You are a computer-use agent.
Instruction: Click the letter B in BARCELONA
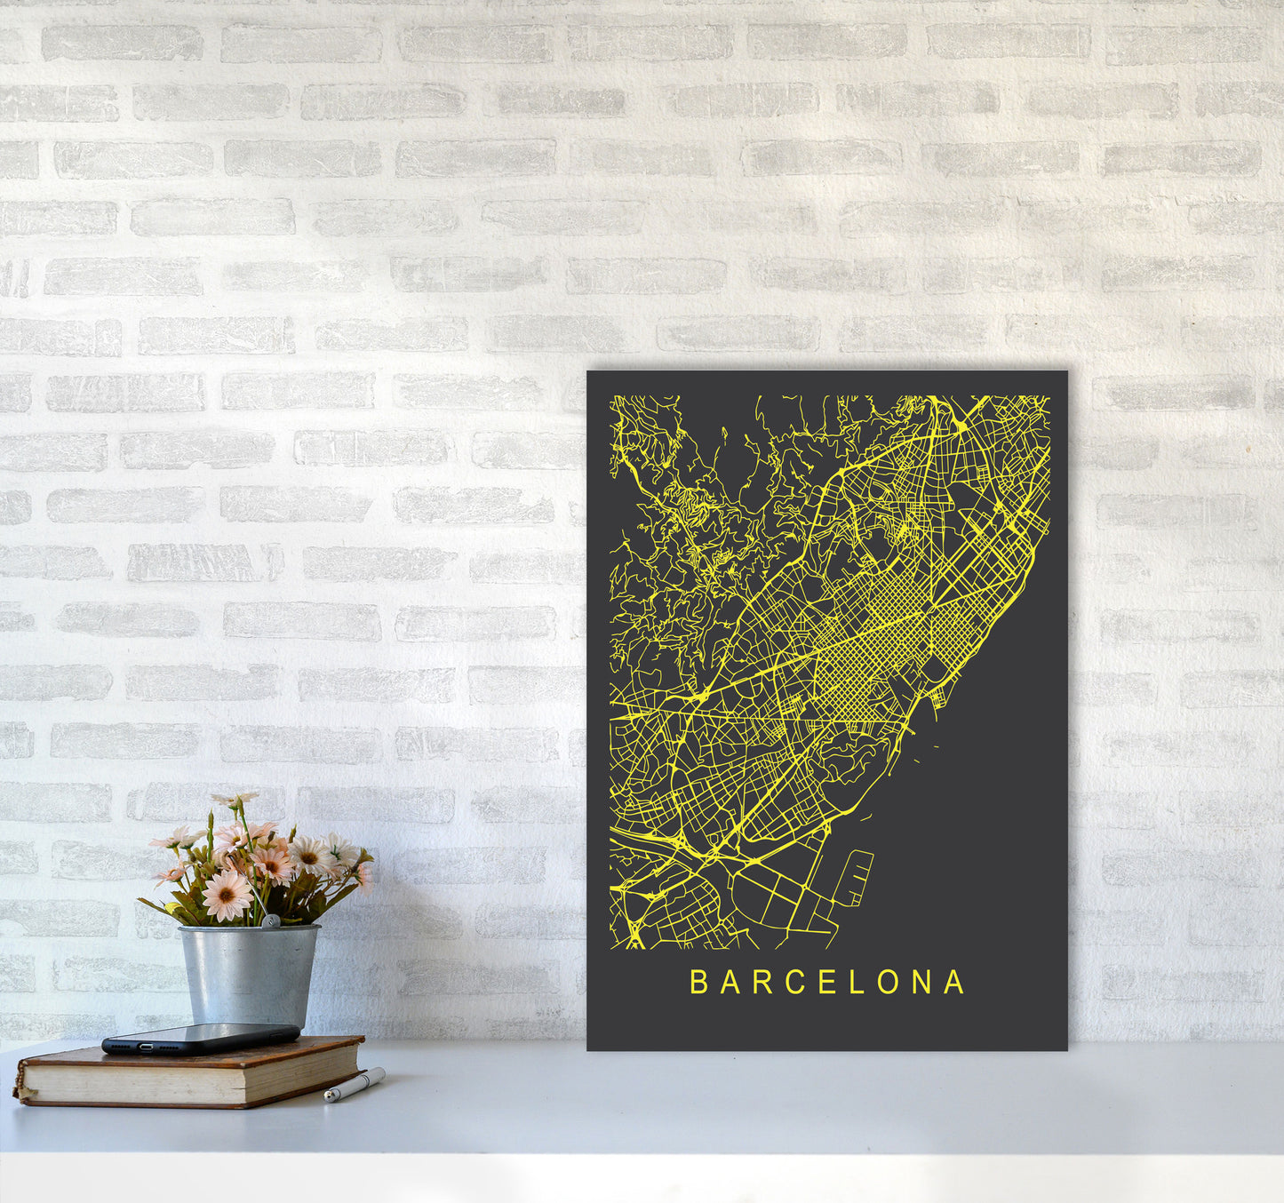pos(698,982)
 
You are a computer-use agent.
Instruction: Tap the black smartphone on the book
pos(201,1038)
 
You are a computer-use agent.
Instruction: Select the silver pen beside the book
pos(355,1085)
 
